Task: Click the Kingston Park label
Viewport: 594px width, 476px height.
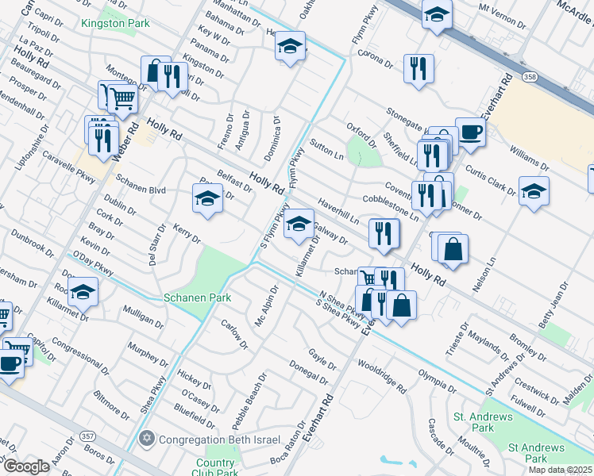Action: (114, 23)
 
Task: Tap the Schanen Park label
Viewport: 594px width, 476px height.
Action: (197, 297)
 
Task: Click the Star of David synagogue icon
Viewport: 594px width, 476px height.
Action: (145, 439)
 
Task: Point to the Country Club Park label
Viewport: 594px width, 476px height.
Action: (214, 468)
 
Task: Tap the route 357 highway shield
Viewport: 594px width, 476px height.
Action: (88, 437)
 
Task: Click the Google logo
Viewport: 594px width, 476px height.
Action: (25, 466)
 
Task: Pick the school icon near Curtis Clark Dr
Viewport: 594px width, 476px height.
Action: (534, 190)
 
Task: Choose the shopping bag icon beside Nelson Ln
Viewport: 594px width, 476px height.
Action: (452, 248)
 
